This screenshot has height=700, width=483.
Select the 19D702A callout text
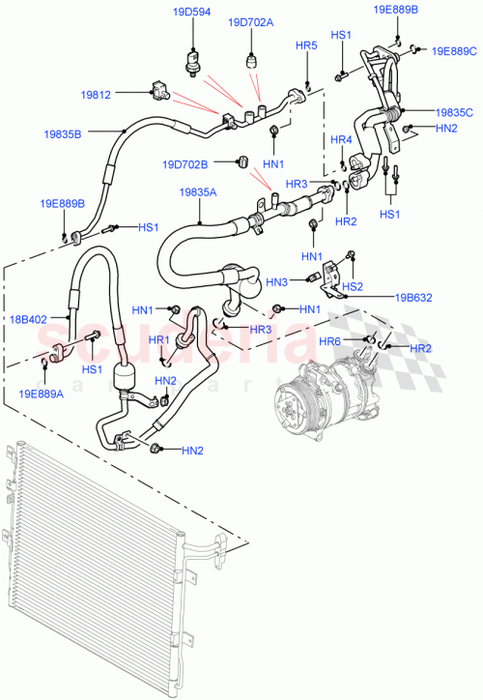[250, 22]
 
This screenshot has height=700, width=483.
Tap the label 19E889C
[454, 50]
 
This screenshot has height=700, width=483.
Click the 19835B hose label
[62, 134]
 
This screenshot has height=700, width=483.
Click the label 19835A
[197, 192]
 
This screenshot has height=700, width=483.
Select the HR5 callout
[306, 45]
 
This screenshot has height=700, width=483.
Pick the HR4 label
[340, 140]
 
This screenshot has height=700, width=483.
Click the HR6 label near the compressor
[356, 341]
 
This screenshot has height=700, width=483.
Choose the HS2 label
[354, 286]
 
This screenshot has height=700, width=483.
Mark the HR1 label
[159, 340]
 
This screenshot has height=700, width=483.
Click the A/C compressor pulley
[297, 403]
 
